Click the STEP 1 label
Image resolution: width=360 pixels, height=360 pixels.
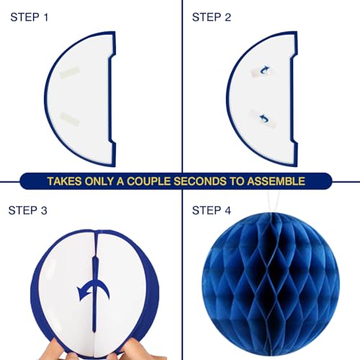pos(30,17)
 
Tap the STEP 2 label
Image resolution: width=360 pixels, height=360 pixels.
pos(212,17)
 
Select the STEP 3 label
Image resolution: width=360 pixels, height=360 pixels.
pos(28,210)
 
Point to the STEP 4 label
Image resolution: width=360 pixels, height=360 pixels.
pos(212,210)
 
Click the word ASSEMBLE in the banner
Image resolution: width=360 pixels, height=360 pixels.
pos(276,181)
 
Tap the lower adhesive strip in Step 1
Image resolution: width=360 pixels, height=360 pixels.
pos(70,118)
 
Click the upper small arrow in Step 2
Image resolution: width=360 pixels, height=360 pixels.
pos(264,70)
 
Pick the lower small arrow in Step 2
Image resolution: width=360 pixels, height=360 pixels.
pos(264,118)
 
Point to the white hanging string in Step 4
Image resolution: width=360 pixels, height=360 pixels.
pos(274,202)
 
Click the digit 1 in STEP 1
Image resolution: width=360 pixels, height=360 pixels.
pos(46,17)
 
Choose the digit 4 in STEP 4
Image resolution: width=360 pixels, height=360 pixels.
pos(228,210)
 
